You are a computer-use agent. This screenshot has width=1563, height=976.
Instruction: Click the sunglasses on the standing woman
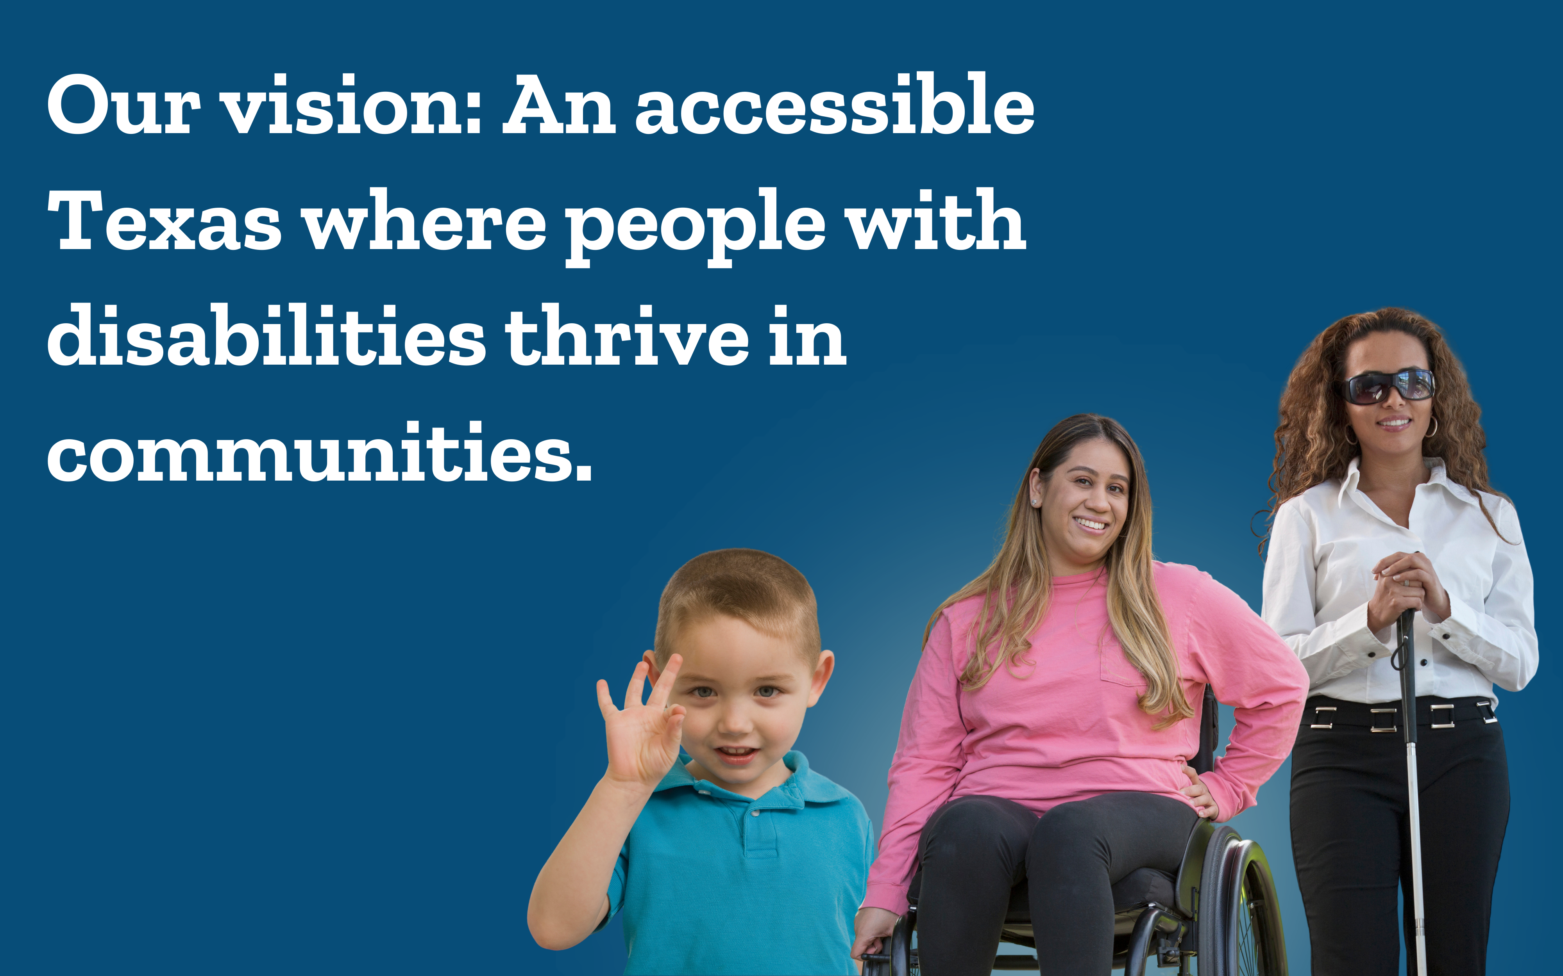1389,386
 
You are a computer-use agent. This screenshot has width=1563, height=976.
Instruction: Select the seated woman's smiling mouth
1091,523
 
